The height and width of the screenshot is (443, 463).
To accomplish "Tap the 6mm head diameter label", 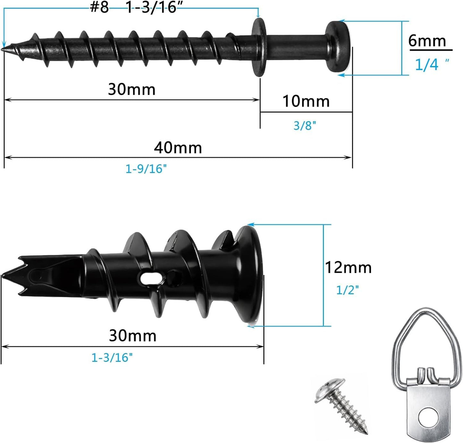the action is [x=427, y=41].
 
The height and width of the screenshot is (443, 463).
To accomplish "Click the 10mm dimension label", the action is [x=306, y=101].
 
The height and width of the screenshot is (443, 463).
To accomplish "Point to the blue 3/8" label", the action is [x=305, y=125].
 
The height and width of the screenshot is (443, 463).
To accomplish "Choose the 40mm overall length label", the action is [x=178, y=148].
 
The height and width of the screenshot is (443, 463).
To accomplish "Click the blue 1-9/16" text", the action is [x=146, y=169].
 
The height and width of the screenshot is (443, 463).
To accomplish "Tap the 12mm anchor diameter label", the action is [x=348, y=268].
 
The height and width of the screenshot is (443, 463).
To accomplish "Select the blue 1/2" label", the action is [x=347, y=290].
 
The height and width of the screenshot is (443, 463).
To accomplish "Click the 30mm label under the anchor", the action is [x=133, y=336].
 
